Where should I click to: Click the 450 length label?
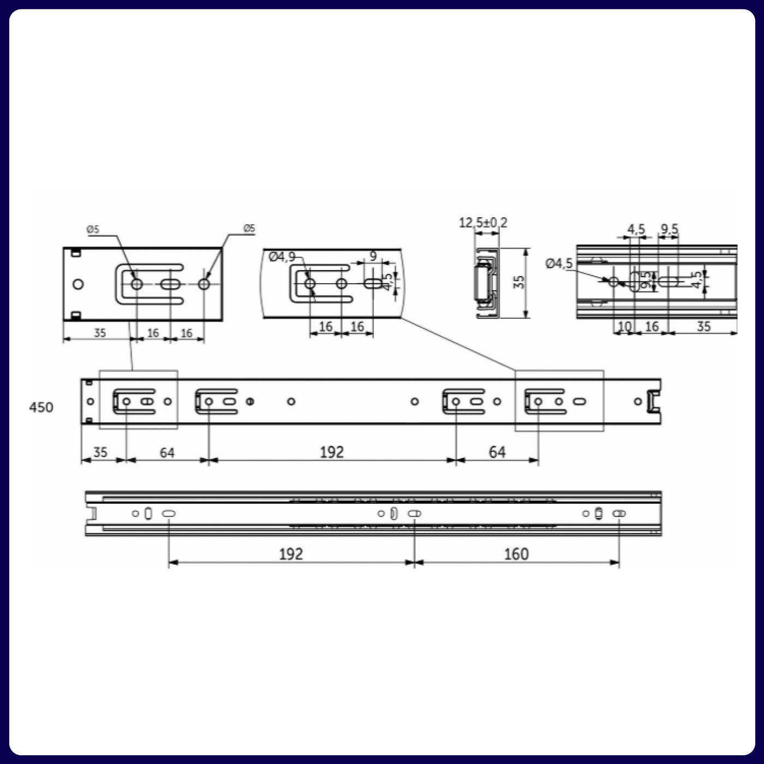pos(41,408)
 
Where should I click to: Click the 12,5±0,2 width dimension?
pos(483,223)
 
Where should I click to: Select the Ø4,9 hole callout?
pos(282,256)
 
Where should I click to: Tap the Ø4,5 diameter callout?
pos(559,264)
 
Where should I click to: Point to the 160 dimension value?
pos(516,554)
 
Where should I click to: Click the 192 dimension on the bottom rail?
pos(291,554)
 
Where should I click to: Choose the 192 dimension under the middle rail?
pos(332,452)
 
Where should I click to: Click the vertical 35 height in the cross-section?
pos(519,282)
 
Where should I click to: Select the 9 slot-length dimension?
pos(373,256)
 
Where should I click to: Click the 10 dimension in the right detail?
pos(624,326)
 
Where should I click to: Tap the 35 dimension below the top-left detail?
pos(100,333)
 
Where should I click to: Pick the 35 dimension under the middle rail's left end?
pos(100,452)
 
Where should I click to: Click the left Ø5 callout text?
pos(93,230)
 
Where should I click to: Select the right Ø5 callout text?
pos(249,229)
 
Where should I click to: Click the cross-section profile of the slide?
pos(485,283)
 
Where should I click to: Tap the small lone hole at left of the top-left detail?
pos(78,284)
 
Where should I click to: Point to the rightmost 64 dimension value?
pos(497,452)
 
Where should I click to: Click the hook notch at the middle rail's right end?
pos(653,401)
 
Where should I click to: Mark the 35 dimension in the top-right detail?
pos(704,326)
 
